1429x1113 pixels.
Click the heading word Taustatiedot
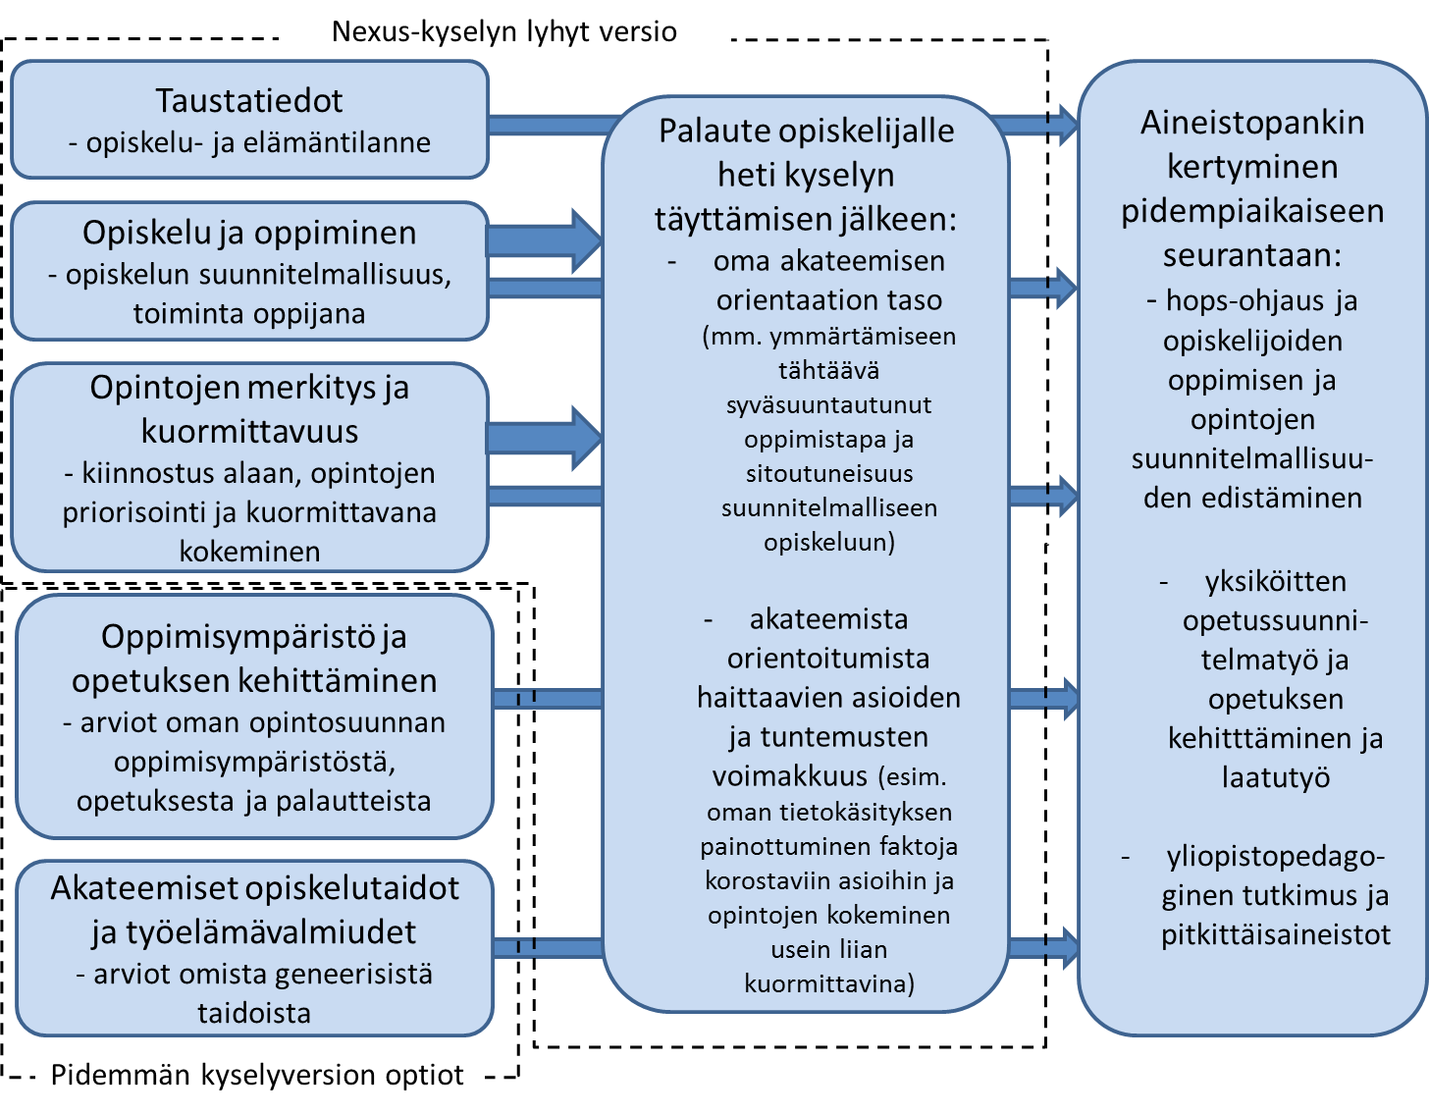[x=249, y=100]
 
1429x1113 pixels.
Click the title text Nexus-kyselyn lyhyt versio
[x=503, y=31]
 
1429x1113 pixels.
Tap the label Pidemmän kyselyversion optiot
[x=257, y=1075]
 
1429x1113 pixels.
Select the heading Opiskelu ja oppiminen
[x=249, y=233]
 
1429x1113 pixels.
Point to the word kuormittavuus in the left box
[x=250, y=431]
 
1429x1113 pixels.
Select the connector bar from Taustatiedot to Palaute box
[x=553, y=125]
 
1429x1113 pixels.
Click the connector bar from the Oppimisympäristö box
[x=548, y=698]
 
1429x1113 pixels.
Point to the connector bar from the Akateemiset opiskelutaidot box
[x=548, y=947]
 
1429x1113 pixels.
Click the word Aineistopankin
[x=1252, y=123]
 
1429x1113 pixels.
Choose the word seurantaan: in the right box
[x=1251, y=255]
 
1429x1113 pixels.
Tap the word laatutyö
[x=1276, y=777]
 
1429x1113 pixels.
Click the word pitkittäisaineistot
[x=1276, y=934]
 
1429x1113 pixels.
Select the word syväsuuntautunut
[x=828, y=405]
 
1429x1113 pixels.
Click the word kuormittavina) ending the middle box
[x=829, y=983]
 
